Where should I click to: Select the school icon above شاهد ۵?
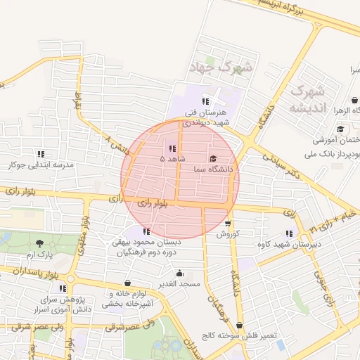tap(172, 148)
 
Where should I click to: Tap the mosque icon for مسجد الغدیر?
tap(180, 273)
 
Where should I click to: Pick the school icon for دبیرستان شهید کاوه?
tap(290, 233)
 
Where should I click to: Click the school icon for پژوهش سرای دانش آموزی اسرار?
tap(63, 288)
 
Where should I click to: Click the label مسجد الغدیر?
tap(180, 283)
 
